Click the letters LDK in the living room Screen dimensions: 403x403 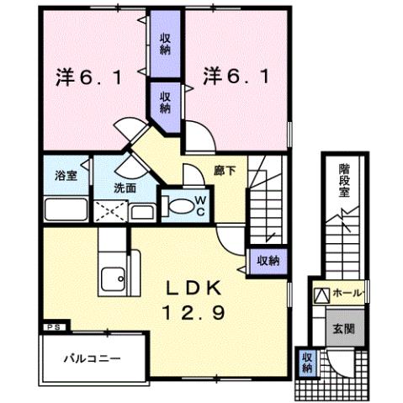pos(199,288)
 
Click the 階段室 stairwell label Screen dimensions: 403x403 pos(344,180)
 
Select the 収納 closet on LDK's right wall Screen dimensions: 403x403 pos(268,261)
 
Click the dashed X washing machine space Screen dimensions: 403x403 pos(108,211)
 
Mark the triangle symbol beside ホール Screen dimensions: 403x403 pos(322,294)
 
